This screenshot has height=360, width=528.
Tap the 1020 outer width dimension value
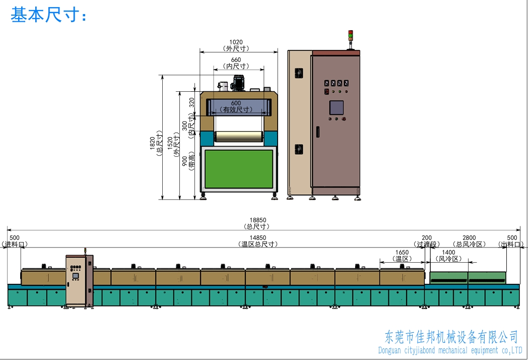[236, 42]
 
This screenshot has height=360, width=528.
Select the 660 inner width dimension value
[236, 60]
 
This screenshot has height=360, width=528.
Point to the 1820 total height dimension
[152, 143]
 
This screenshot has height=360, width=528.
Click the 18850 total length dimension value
[257, 220]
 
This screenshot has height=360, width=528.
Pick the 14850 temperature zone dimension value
[257, 238]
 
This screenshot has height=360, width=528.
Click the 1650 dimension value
[402, 253]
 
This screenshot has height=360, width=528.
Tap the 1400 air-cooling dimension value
[448, 253]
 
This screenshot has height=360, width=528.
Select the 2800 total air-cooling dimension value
[469, 238]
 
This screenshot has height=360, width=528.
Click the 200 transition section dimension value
[427, 238]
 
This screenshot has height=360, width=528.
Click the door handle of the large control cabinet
[317, 132]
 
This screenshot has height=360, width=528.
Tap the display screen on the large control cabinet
[337, 107]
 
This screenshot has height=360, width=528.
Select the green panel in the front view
[239, 168]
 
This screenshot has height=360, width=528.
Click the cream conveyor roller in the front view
[239, 137]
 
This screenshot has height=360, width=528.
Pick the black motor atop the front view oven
[238, 82]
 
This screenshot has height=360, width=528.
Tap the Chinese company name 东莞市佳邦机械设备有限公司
[451, 337]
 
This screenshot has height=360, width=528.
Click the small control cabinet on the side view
[80, 280]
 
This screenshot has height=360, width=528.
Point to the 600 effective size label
[236, 103]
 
